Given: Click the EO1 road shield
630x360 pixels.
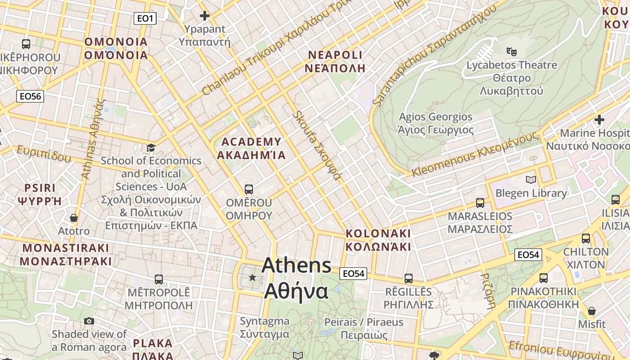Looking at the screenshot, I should point(145,18).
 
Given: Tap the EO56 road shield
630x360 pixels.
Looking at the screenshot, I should point(30,96).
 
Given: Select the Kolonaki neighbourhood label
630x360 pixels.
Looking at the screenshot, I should point(378,240).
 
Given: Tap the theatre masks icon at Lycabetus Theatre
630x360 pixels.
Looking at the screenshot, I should point(511,52).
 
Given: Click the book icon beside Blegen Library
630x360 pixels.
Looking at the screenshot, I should point(531,180).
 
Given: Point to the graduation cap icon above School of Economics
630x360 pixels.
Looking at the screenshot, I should point(151,148).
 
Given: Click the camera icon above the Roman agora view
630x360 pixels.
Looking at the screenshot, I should point(89,321).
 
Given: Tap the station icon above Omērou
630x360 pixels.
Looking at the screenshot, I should point(249,189).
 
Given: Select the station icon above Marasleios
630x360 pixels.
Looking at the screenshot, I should point(480,203).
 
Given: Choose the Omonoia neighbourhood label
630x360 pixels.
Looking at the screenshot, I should point(116,49).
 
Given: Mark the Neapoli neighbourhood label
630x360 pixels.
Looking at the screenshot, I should point(335,62).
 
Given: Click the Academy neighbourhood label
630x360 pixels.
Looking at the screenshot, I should point(252,148).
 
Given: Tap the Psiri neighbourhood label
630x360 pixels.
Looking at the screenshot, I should point(40,194).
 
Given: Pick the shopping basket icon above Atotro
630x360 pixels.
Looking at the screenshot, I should point(74,218).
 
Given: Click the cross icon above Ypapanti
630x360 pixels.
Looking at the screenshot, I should point(205,16).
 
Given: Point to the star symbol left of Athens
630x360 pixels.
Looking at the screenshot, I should point(252,278).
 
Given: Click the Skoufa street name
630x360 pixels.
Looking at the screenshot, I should point(317,145).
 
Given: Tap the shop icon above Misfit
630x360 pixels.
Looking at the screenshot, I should point(592,311).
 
